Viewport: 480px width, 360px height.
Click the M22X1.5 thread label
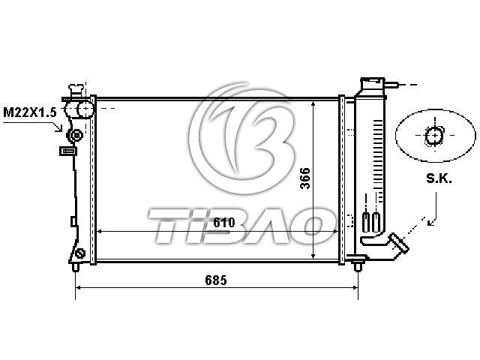[x=30, y=112]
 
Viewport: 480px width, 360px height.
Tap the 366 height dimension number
[x=305, y=178]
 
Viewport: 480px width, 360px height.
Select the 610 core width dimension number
[x=224, y=223]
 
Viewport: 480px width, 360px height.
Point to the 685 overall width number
[x=216, y=280]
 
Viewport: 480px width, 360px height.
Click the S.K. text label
[x=439, y=178]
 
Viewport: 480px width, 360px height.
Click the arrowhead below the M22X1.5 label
[x=58, y=127]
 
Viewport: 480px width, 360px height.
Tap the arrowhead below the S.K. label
[x=430, y=222]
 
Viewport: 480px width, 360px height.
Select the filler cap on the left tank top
[x=76, y=90]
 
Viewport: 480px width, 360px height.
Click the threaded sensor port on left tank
[x=75, y=135]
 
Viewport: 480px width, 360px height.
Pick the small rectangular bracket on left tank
[x=68, y=151]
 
